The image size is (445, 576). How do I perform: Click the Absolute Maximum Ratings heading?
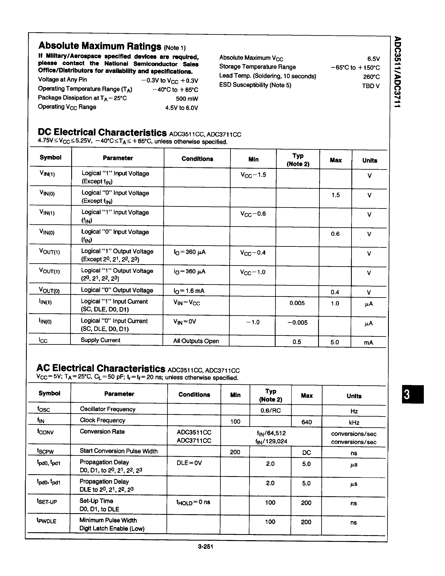100,46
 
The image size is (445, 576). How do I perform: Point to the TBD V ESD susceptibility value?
370,86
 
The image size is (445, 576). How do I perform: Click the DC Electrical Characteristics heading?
102,132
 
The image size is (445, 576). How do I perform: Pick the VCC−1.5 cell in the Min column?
253,175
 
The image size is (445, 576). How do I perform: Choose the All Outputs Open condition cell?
196,341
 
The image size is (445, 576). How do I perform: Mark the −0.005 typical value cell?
297,323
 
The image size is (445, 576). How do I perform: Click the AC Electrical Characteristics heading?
101,368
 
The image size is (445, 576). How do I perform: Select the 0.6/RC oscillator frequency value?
271,410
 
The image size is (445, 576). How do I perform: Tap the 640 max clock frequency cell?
307,422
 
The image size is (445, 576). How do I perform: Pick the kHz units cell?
354,422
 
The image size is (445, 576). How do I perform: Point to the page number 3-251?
205,546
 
